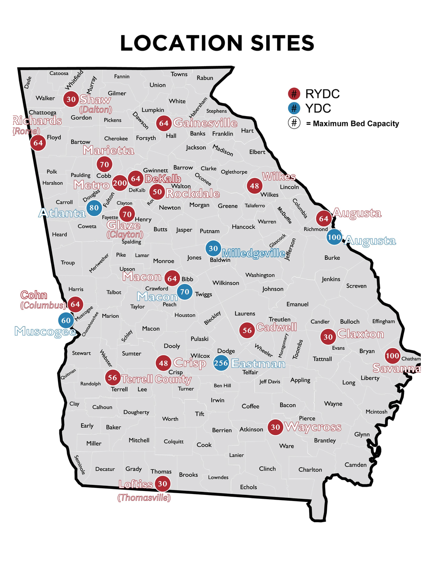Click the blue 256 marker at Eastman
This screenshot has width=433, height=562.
point(221,363)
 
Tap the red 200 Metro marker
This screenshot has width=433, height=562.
point(120,183)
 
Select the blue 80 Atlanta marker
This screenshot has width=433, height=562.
point(94,208)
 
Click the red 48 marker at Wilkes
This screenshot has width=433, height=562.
point(255,186)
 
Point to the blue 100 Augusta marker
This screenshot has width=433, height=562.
point(334,237)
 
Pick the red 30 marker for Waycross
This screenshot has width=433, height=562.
point(275,427)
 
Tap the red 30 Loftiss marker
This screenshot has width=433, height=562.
point(162,484)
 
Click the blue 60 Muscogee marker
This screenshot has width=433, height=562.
point(66,321)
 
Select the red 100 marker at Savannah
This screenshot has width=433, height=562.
point(392,356)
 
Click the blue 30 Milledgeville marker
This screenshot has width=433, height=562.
point(213,249)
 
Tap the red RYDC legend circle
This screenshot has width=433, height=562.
point(294,94)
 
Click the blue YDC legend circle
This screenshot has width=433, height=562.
point(294,108)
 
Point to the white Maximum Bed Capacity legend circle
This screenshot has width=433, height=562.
point(294,123)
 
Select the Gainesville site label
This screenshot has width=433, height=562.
point(205,123)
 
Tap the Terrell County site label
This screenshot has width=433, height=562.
point(156,379)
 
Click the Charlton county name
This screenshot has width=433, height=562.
point(310,470)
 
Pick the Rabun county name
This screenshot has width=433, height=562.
point(205,78)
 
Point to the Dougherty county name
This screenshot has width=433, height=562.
point(136,412)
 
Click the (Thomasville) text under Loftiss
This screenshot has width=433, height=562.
point(144,498)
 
